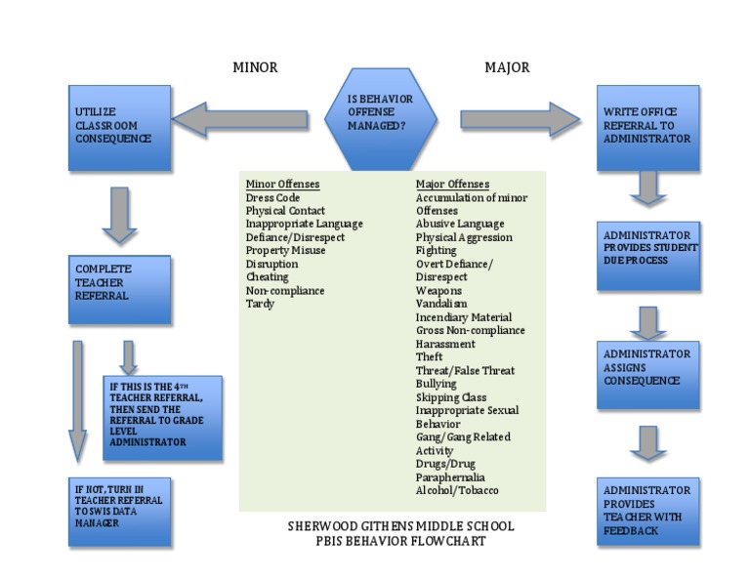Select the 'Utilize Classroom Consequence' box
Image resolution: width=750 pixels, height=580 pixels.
point(119,128)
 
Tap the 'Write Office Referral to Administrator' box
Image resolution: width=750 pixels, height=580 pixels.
point(647,128)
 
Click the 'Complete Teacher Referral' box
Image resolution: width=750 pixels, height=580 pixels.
point(119,289)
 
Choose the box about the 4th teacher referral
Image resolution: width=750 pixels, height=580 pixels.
point(162,418)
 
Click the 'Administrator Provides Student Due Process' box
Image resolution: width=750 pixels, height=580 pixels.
point(648,256)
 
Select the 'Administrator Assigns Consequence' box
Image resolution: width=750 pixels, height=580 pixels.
point(648,374)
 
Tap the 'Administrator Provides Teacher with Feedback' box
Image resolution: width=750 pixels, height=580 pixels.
point(648,511)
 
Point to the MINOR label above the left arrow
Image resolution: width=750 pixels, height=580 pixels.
point(255,67)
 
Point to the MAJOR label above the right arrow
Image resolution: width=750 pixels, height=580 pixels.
point(507,67)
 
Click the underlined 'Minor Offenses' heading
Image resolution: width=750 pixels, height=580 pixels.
point(282,184)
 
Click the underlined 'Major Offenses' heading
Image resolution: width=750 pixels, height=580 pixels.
point(452,184)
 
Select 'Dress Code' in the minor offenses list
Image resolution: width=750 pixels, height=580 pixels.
point(272,197)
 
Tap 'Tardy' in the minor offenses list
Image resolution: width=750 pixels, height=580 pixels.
point(260,304)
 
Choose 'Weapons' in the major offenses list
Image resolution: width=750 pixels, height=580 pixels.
point(438,290)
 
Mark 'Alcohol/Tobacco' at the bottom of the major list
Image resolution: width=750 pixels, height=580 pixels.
point(457,490)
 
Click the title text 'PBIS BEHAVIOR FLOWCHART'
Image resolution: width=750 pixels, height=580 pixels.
point(400,541)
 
